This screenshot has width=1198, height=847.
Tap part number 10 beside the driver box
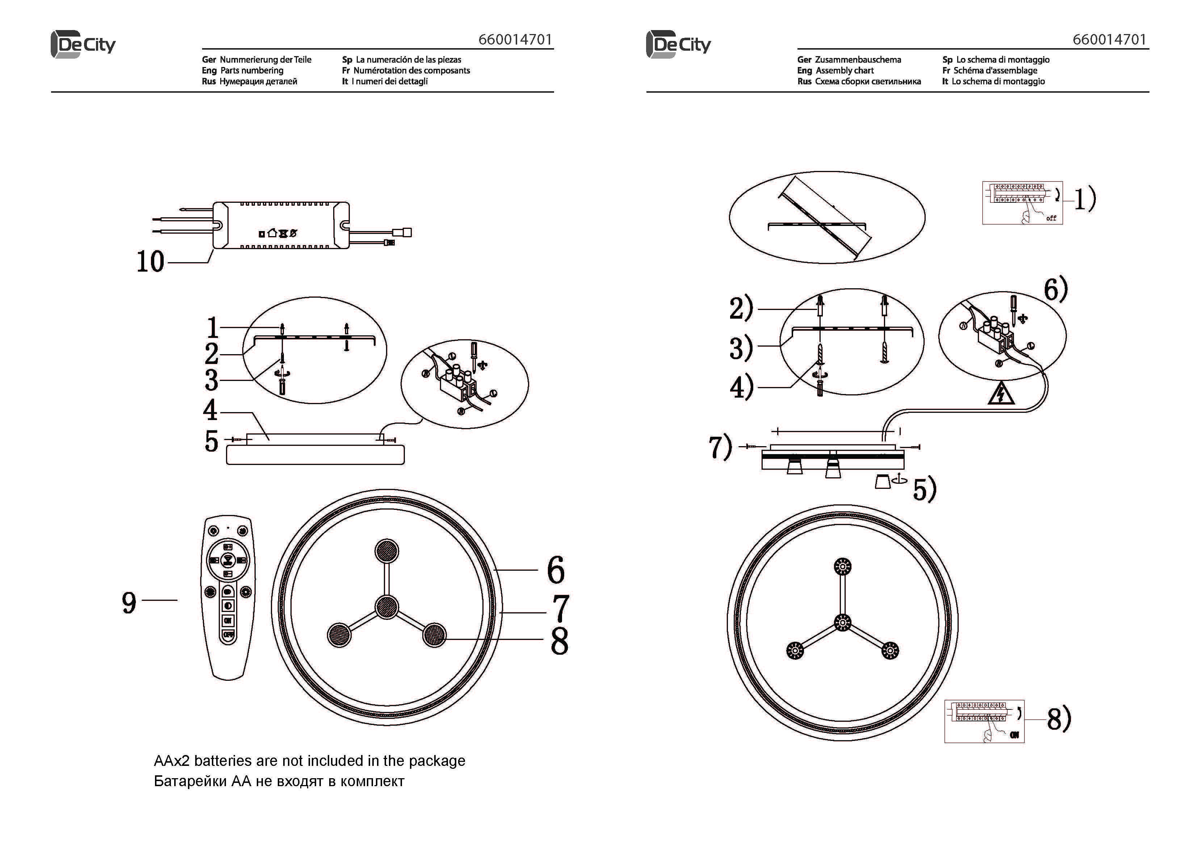150,261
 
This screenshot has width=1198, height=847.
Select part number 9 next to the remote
129,603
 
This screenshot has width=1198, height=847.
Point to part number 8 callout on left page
560,641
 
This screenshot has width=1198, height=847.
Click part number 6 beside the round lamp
556,570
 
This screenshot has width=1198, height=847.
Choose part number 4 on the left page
210,410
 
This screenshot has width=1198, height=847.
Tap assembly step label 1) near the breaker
1084,199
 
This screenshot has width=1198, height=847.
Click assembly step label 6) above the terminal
1055,290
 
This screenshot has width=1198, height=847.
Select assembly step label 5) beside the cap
924,490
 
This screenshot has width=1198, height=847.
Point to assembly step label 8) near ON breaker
1059,719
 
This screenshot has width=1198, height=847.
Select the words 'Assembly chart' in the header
845,71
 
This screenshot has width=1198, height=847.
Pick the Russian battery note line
279,781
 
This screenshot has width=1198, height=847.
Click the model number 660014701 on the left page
515,40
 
